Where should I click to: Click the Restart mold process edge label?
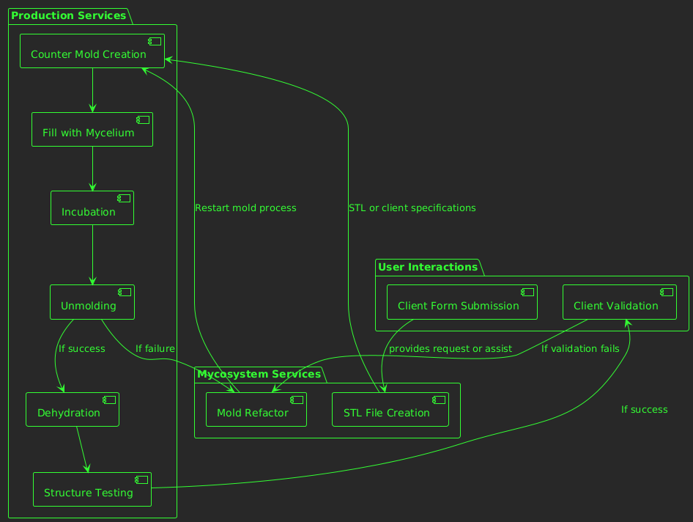[x=245, y=208]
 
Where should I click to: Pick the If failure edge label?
[x=155, y=348]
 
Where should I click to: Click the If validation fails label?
[x=580, y=349]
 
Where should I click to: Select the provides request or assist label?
[x=450, y=349]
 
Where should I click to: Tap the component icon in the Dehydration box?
[x=109, y=400]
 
